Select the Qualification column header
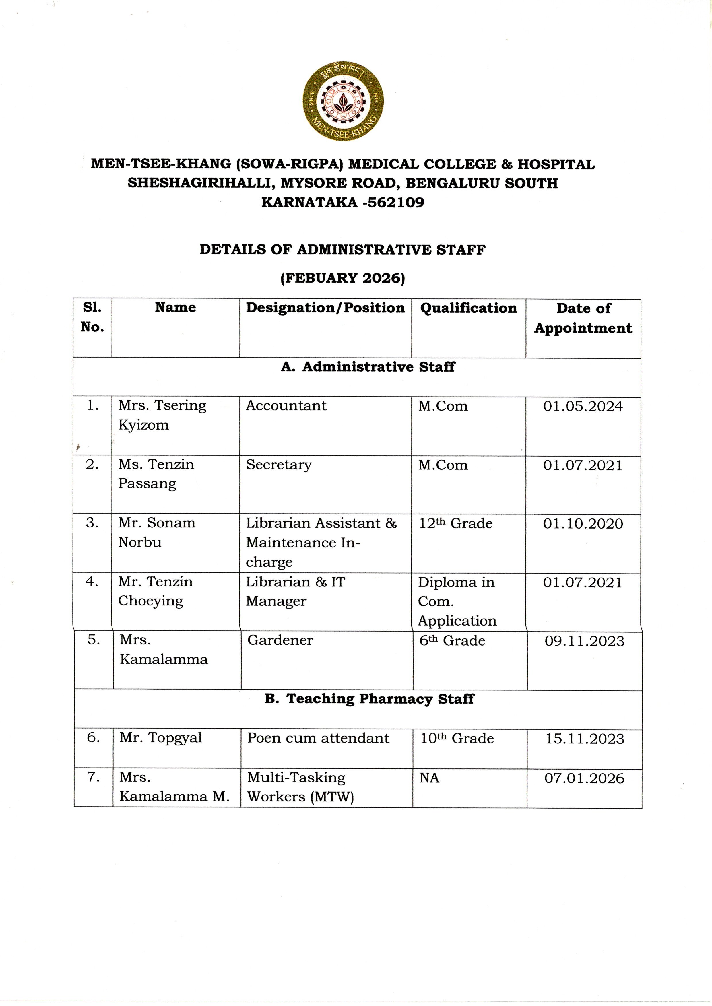coord(468,308)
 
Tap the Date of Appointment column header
coord(583,318)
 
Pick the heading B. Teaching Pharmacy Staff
coord(369,698)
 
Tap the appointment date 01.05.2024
coord(583,406)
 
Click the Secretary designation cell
coord(279,465)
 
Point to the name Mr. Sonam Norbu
coord(156,532)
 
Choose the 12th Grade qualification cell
coord(455,523)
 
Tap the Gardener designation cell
coord(280,640)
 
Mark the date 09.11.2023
coord(584,641)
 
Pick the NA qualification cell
coord(429,778)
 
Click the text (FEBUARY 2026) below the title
coord(342,278)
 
